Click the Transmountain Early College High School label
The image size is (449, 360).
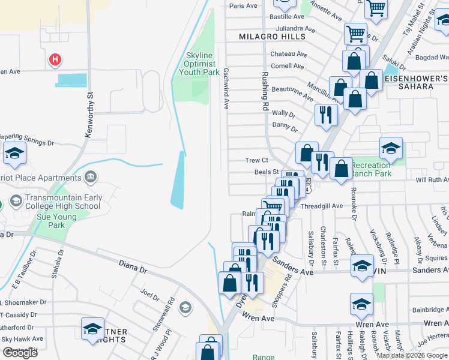[x=63, y=202]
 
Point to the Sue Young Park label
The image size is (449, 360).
[x=57, y=221]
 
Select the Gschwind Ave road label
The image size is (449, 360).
[x=227, y=88]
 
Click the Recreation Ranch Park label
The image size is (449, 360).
[x=370, y=169]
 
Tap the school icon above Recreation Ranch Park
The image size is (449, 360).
[x=391, y=148]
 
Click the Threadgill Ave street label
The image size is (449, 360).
[x=321, y=205]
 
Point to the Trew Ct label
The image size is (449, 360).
[x=256, y=160]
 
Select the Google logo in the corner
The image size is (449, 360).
[x=20, y=353]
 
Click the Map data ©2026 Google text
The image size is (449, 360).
[x=412, y=355]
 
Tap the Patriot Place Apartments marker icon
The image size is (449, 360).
[x=91, y=177]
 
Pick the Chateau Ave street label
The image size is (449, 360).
[x=289, y=54]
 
